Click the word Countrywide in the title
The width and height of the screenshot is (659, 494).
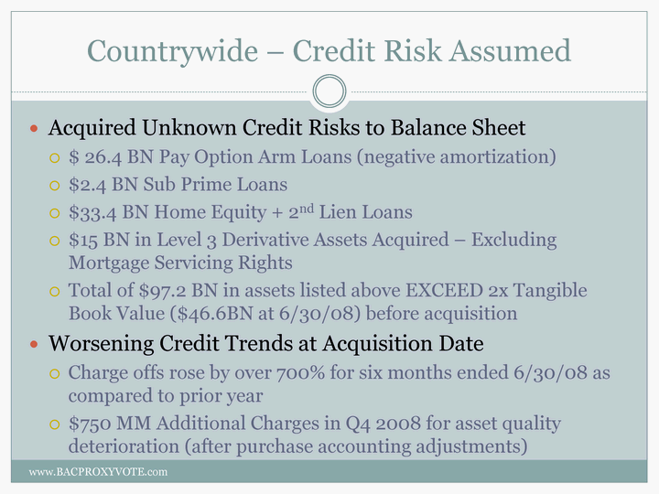(x=172, y=52)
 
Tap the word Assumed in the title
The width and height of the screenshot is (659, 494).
(x=510, y=51)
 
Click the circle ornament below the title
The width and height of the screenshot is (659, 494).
(x=329, y=91)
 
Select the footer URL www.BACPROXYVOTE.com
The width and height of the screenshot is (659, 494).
(x=98, y=472)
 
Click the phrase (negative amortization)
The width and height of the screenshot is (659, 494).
(x=457, y=157)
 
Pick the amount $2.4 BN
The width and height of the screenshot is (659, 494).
(x=103, y=185)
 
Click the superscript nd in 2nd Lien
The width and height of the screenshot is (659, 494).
(x=306, y=209)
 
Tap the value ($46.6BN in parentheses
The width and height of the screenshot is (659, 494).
(x=211, y=314)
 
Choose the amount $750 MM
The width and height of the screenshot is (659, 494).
(x=110, y=424)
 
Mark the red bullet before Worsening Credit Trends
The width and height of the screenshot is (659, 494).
(x=34, y=345)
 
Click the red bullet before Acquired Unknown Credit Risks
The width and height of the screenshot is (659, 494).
(x=34, y=129)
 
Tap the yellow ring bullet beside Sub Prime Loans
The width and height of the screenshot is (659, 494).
(x=55, y=185)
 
